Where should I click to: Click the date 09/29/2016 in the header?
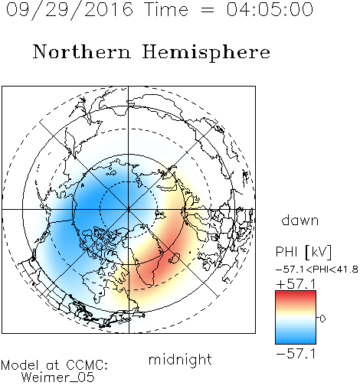[70, 10]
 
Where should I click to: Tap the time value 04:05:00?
[270, 9]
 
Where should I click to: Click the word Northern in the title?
[81, 51]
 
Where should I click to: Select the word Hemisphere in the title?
[206, 53]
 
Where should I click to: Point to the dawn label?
[300, 220]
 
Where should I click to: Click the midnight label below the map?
[180, 359]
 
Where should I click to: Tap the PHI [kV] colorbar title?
[303, 252]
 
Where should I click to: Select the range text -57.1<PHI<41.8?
[316, 270]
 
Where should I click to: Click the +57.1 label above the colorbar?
[296, 284]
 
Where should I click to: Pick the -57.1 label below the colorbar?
[296, 354]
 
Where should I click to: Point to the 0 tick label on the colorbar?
[322, 319]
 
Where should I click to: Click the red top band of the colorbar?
[296, 293]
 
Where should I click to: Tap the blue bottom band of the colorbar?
[296, 341]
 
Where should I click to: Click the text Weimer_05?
[58, 377]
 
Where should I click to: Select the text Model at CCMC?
[54, 365]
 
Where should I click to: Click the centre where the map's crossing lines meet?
[129, 209]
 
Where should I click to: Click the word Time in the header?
[166, 9]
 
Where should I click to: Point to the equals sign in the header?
[208, 10]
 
